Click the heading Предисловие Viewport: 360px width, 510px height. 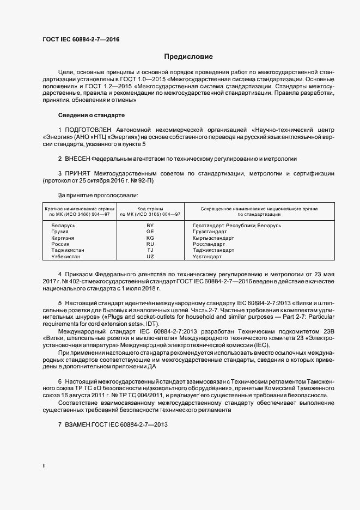[x=189, y=56]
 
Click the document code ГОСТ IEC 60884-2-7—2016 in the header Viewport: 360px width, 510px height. [x=81, y=40]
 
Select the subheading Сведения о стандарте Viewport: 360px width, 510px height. [x=91, y=116]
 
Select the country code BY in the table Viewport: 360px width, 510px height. [x=150, y=225]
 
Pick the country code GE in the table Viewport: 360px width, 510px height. [x=150, y=231]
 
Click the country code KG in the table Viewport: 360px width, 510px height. [x=150, y=238]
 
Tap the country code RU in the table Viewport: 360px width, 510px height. [x=150, y=244]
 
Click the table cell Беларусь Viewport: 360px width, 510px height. [x=63, y=225]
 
